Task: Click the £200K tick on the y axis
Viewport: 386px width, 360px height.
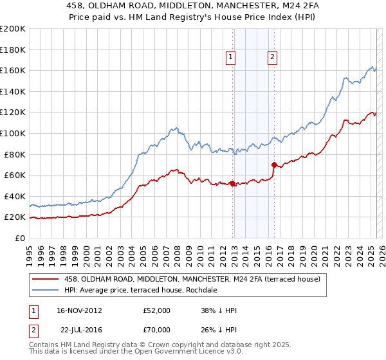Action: pos(12,29)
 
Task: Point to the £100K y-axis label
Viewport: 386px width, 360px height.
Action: pos(12,133)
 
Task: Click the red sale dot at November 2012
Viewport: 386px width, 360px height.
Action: pos(232,183)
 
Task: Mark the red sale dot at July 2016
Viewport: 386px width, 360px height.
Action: pos(274,165)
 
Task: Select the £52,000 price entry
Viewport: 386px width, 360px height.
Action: pos(157,310)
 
